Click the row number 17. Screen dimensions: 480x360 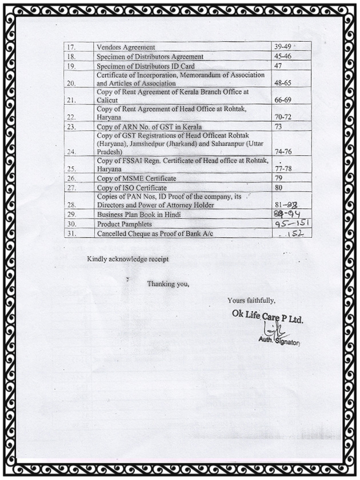click(x=71, y=47)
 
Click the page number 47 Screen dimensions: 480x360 click(x=279, y=66)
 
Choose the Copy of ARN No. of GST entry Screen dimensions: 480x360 click(x=149, y=126)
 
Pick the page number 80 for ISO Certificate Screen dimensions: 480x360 click(x=279, y=187)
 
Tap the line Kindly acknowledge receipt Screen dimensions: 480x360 click(x=127, y=259)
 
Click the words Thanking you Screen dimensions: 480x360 click(x=167, y=284)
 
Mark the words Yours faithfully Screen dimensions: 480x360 click(x=251, y=301)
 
